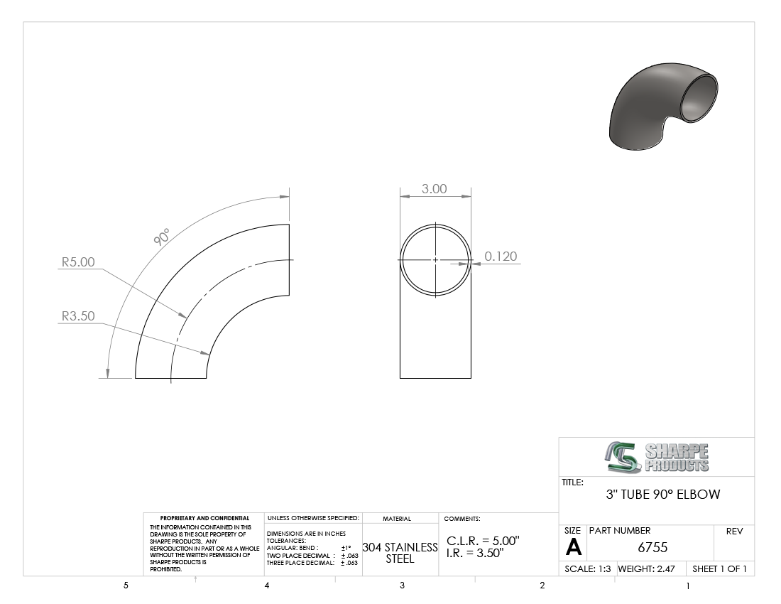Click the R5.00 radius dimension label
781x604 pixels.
point(77,262)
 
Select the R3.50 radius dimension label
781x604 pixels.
point(77,316)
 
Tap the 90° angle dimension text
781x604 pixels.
point(162,237)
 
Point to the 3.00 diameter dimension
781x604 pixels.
point(435,189)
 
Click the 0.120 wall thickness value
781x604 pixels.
point(501,256)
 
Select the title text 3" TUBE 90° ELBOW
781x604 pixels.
point(663,495)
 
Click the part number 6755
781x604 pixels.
point(652,548)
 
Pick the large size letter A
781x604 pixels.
point(573,548)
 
